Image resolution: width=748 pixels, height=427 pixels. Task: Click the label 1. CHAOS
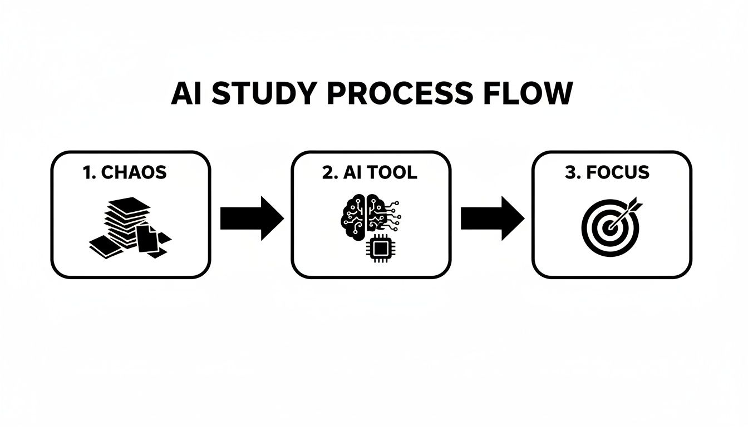coord(125,172)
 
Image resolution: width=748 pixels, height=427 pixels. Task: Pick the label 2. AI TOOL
coord(370,172)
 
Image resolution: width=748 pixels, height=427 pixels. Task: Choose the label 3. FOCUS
coord(607,172)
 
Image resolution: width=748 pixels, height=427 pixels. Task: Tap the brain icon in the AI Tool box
coord(363,214)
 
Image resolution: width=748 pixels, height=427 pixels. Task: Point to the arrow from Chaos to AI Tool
coord(252,218)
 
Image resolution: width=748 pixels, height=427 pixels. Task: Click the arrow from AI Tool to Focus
coord(492,218)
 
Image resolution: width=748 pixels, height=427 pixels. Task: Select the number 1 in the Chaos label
coord(86,172)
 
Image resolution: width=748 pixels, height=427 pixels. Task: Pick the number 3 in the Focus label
coord(569,172)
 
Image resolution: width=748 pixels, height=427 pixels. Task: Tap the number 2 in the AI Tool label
coord(327,172)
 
